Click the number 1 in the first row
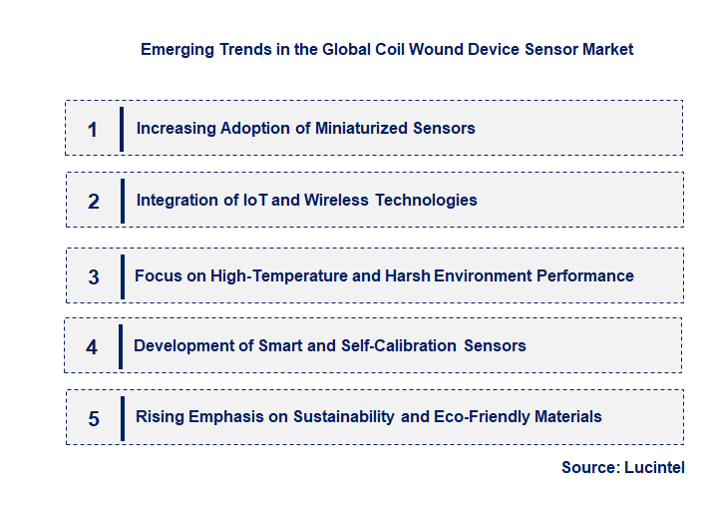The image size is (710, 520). point(93,129)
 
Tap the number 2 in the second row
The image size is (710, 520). point(94,201)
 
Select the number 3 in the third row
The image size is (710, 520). point(94,276)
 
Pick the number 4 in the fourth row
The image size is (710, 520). point(92,347)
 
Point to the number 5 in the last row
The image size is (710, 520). point(94,418)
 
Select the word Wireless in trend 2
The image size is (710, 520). point(337,200)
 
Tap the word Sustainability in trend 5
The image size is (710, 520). point(344,416)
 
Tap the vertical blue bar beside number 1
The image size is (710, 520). point(121,129)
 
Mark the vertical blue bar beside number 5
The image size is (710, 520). point(121,417)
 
